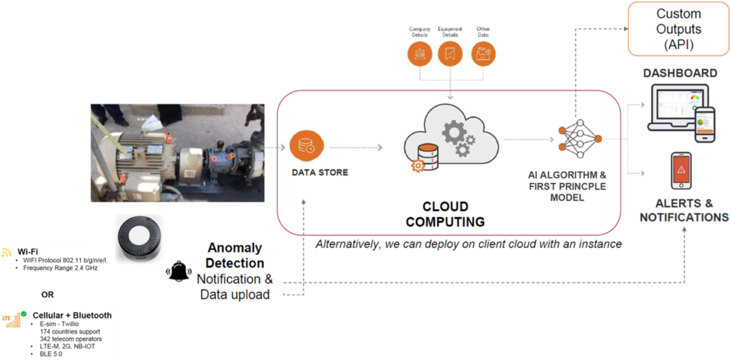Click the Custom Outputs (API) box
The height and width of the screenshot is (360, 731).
click(x=678, y=29)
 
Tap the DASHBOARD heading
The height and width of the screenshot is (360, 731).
click(x=680, y=74)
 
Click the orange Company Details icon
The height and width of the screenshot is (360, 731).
click(x=420, y=54)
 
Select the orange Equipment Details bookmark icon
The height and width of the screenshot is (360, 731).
click(x=450, y=54)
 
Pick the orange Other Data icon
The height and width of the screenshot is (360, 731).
click(x=483, y=54)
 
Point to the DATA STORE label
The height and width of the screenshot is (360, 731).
click(x=319, y=173)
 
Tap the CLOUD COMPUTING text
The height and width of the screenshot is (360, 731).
click(x=445, y=214)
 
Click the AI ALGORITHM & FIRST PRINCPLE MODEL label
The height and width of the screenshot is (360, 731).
click(x=573, y=186)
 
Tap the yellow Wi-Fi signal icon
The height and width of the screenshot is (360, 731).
click(x=7, y=252)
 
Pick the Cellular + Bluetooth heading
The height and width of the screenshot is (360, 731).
click(x=72, y=315)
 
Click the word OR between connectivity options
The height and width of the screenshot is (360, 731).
click(x=47, y=294)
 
